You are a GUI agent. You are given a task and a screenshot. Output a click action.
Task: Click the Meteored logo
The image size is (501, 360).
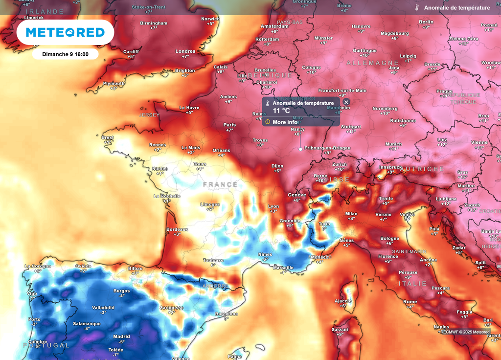pos(65,32)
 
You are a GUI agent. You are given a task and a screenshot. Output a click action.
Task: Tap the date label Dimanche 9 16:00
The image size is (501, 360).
pos(65,54)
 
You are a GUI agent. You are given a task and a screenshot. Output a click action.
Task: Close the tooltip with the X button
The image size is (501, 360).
pos(346,102)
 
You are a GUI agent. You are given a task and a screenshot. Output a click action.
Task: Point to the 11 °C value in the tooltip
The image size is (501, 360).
pos(281,111)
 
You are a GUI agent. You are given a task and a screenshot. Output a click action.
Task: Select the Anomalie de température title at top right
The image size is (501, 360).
pos(456,8)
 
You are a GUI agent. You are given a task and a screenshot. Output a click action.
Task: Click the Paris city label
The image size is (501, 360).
pos(229,125)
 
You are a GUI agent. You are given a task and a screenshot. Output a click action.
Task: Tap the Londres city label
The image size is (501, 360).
pos(185,51)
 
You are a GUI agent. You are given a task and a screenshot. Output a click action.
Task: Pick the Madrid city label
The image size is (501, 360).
pos(122,337)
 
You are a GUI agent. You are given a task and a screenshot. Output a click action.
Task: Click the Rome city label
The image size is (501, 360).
pos(410,302)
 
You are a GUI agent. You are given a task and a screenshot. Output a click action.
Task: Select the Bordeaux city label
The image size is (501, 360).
pos(177,229)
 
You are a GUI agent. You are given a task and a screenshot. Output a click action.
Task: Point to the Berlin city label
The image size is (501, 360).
pos(426,22)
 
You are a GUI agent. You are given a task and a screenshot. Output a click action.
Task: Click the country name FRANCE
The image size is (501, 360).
pos(220,184)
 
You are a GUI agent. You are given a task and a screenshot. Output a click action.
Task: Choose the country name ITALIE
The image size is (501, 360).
pos(412,284)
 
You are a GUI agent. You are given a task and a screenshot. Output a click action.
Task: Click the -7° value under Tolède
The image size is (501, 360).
pos(116,355)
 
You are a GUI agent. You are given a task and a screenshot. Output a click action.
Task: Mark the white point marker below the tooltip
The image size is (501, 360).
pos(300,149)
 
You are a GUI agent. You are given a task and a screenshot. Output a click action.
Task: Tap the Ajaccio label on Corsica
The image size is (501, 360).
pos(343,301)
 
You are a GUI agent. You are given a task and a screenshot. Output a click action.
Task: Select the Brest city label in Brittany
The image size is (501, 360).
pos(107,137)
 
